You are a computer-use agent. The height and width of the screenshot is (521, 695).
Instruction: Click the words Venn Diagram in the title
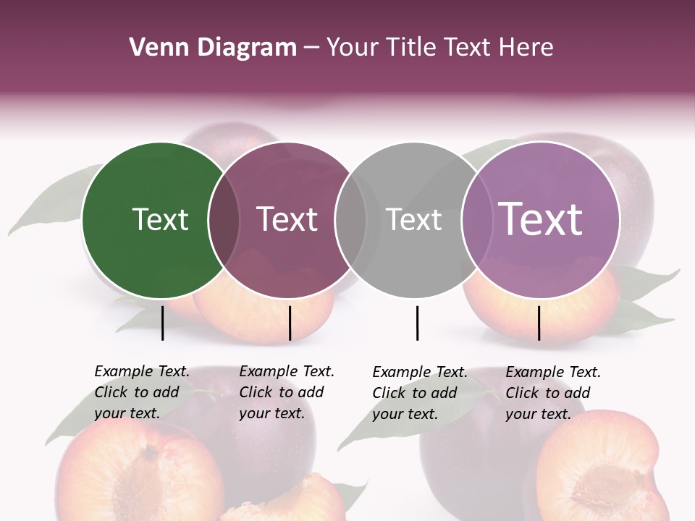[x=213, y=48]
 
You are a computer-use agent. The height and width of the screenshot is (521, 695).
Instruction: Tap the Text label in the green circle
[x=160, y=220]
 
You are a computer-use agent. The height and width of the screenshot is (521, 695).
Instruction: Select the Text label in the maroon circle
[x=287, y=220]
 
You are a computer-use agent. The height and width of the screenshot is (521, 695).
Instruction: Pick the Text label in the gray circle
[x=413, y=220]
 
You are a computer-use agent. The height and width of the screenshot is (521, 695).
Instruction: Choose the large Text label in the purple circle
[x=540, y=219]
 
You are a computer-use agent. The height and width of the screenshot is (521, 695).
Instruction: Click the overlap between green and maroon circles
[x=224, y=220]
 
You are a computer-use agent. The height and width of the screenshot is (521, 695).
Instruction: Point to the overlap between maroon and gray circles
[x=350, y=220]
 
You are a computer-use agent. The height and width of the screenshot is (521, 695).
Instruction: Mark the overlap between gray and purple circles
[x=476, y=220]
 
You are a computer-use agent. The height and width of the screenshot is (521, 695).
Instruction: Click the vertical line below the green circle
[x=162, y=323]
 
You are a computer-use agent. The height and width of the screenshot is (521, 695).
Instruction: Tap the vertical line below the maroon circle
[x=290, y=323]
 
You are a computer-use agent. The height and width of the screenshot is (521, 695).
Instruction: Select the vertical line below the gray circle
[x=417, y=323]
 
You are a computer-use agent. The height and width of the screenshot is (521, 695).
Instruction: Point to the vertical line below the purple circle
[x=539, y=323]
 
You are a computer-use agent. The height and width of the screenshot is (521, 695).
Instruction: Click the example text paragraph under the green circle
[x=141, y=392]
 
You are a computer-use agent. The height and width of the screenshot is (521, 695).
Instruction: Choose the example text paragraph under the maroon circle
[x=286, y=392]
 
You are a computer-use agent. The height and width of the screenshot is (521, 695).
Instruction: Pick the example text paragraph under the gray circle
[x=419, y=393]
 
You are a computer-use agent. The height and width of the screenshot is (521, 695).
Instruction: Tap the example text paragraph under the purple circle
[x=552, y=393]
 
